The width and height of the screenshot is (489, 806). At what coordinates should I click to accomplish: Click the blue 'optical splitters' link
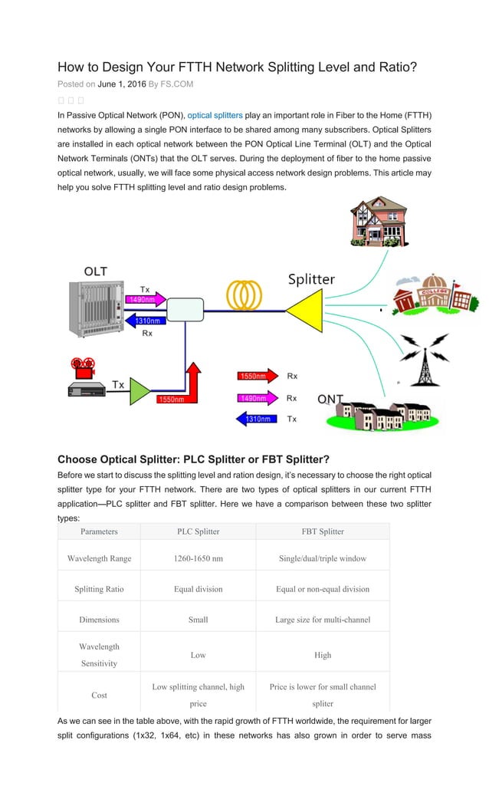click(215, 115)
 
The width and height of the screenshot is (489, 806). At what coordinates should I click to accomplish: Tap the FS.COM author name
click(176, 84)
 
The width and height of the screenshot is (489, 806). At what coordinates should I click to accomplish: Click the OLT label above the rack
click(96, 271)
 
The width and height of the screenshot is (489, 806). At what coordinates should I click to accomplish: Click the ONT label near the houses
click(330, 400)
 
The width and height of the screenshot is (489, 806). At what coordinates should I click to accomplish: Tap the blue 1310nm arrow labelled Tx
click(257, 419)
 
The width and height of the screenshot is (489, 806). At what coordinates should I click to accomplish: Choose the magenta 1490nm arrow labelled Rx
click(257, 398)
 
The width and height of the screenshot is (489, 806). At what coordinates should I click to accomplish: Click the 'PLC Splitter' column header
click(198, 531)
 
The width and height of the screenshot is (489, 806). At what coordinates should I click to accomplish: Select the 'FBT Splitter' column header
click(323, 531)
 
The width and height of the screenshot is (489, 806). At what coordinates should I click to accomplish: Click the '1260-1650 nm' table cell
click(198, 558)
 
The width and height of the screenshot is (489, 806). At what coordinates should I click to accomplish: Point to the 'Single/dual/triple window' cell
click(323, 558)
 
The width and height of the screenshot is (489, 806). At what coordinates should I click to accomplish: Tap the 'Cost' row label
click(99, 695)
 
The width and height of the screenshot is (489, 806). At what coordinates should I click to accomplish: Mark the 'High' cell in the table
click(323, 655)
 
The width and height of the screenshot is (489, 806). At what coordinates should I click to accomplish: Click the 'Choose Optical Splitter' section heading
click(193, 460)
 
